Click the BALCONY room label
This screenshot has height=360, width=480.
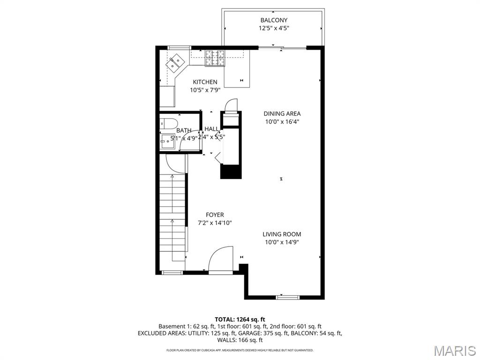(x=273, y=20)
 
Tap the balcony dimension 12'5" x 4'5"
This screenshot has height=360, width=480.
(x=273, y=28)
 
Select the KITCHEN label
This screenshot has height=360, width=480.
(x=204, y=82)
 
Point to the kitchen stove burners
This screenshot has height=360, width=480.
(x=215, y=58)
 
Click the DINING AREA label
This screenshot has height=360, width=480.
(x=282, y=113)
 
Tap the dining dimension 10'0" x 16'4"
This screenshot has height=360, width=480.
(x=282, y=122)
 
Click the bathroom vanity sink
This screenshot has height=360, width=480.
(x=167, y=141)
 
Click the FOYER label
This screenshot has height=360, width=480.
(x=215, y=215)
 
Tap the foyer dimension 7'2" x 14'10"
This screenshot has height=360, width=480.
(x=215, y=223)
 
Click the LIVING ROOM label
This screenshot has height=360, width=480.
(x=282, y=234)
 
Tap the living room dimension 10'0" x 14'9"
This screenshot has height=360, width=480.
(x=282, y=242)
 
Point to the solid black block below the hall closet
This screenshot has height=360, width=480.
(x=231, y=172)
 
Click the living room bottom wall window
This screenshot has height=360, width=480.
(x=287, y=297)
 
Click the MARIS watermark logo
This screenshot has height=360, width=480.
(x=453, y=351)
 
